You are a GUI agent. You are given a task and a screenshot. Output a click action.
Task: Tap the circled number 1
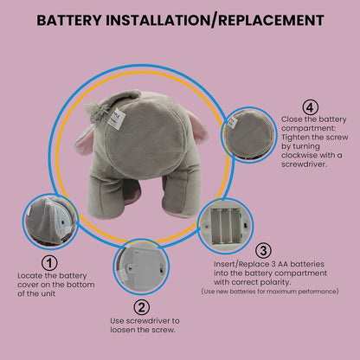(49, 261)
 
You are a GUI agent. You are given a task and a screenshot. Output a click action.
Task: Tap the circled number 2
(142, 305)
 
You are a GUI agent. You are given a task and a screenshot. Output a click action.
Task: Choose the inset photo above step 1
(50, 221)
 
